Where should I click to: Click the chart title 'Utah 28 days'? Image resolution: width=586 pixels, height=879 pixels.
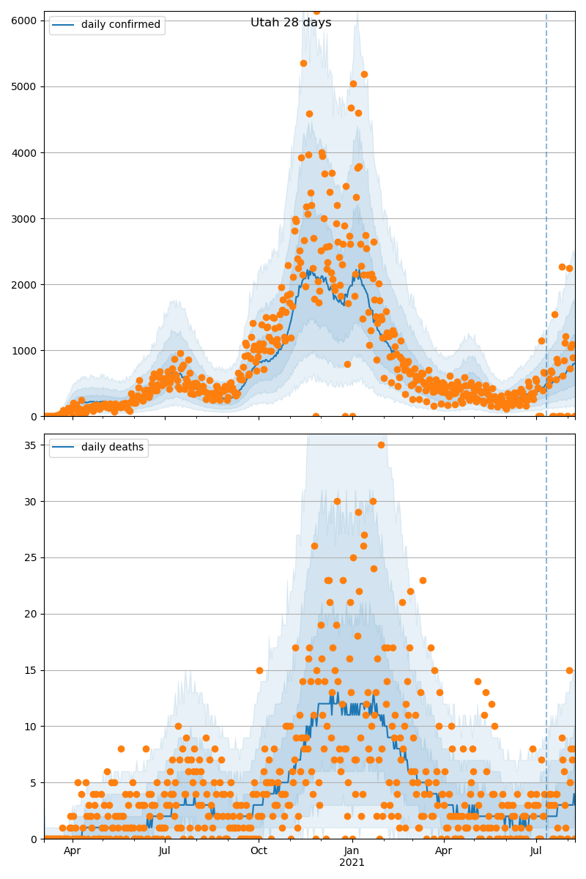pos(291,23)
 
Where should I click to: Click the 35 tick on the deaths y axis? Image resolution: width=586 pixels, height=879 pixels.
pos(31,445)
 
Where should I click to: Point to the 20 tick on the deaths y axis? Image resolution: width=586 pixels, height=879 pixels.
pos(31,614)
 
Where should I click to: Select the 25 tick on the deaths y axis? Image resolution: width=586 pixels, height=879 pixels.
pos(31,557)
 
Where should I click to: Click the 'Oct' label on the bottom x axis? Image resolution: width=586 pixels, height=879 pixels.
pos(259,850)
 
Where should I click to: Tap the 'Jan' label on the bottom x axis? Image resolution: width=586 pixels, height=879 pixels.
pos(352,850)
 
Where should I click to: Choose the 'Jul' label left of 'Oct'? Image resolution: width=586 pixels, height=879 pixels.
pos(165,850)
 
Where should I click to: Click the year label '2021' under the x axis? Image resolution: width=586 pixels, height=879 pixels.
pos(352,862)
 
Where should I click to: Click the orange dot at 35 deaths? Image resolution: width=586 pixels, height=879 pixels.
pos(381,445)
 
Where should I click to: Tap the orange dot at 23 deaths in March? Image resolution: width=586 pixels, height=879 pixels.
pos(423,580)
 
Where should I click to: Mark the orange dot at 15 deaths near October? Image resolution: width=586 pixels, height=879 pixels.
pos(259,670)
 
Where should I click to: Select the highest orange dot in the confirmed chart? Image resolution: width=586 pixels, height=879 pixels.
pos(316,11)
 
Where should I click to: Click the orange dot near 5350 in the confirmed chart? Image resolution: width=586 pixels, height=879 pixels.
pos(303,63)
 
